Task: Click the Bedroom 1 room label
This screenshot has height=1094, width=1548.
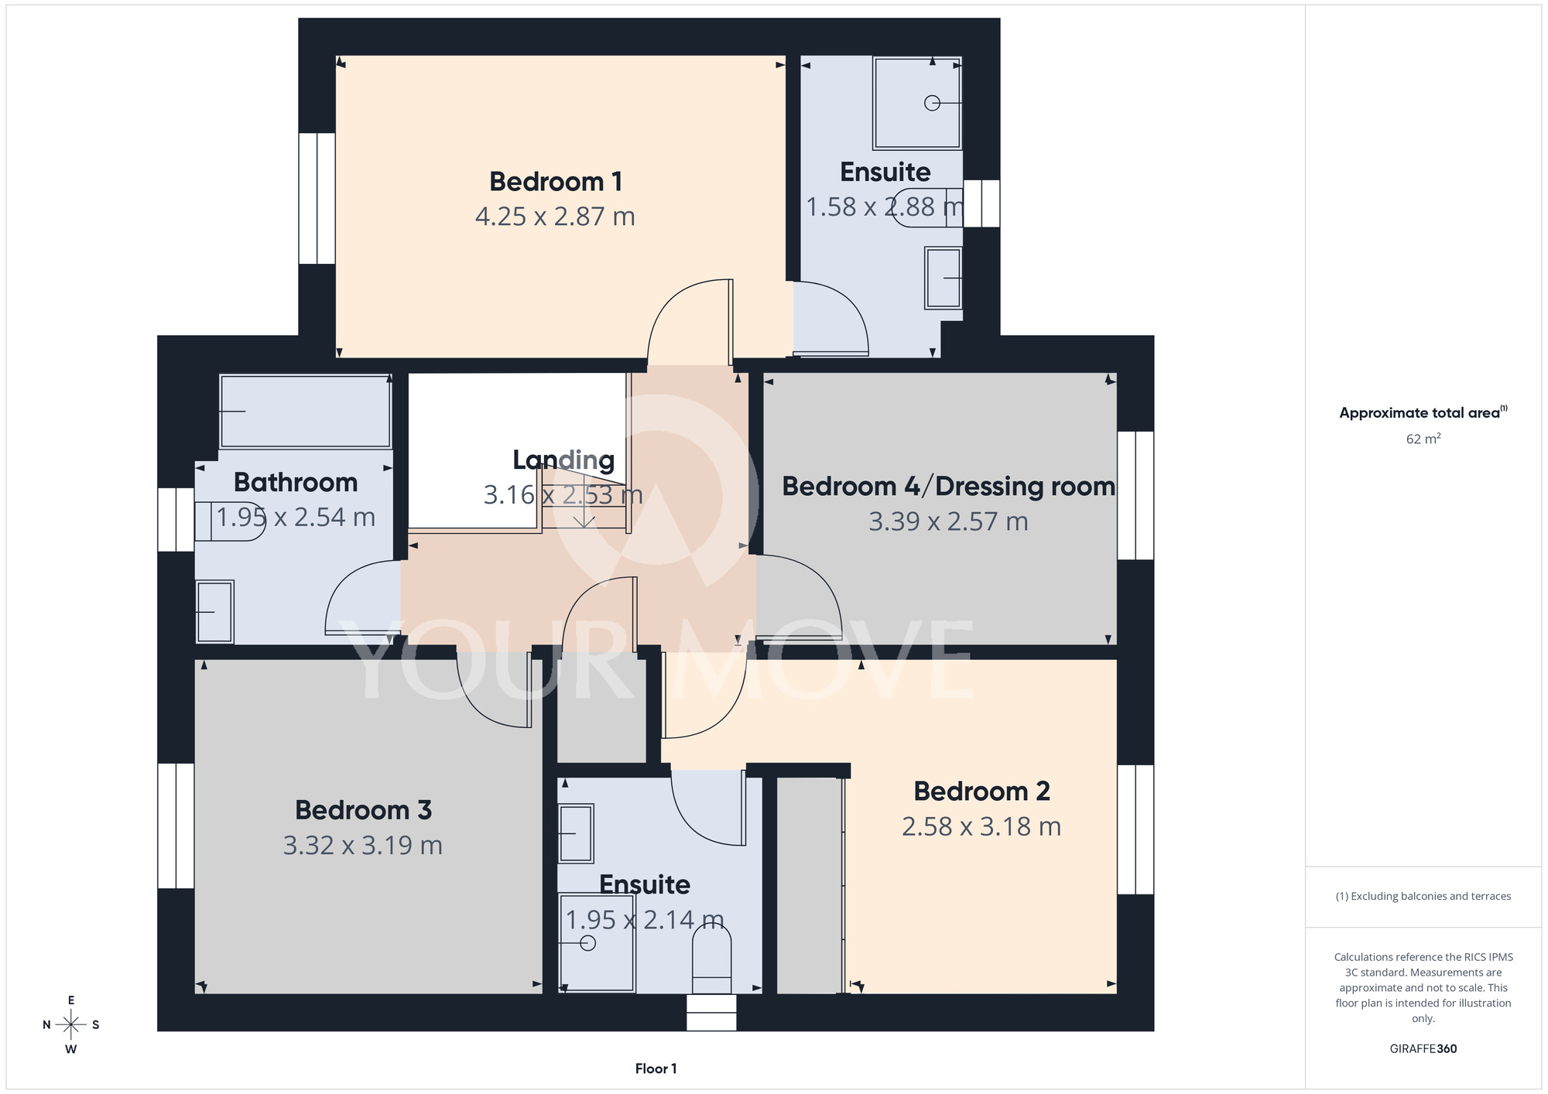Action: click(x=556, y=182)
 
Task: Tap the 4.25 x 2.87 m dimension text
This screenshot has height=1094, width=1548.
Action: click(x=555, y=217)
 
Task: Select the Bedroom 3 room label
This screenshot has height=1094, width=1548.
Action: click(x=363, y=810)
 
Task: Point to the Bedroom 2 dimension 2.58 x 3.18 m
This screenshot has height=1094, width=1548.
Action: click(x=981, y=827)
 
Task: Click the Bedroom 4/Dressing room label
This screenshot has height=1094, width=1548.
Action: click(x=948, y=487)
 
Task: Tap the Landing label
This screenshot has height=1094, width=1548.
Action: click(x=563, y=461)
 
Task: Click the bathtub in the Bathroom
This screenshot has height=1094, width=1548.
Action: click(x=305, y=412)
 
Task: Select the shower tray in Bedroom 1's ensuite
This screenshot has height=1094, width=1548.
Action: click(x=917, y=103)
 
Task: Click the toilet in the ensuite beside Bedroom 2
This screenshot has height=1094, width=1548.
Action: click(x=711, y=959)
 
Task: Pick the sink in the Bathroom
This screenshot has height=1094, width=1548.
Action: click(x=214, y=612)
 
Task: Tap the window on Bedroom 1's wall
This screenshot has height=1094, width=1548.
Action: click(x=317, y=198)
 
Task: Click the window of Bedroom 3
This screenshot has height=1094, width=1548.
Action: click(x=176, y=826)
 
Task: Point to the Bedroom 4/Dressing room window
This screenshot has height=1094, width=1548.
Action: click(x=1135, y=495)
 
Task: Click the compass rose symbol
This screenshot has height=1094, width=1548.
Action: click(x=71, y=1025)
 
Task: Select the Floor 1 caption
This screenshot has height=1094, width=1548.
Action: click(x=656, y=1068)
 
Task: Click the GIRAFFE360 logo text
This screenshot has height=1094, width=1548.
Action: click(x=1423, y=1049)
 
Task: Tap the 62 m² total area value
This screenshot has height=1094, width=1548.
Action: click(x=1423, y=439)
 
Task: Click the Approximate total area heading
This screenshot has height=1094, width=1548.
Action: click(x=1423, y=412)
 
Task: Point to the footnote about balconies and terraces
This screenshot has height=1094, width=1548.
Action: click(x=1423, y=896)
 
